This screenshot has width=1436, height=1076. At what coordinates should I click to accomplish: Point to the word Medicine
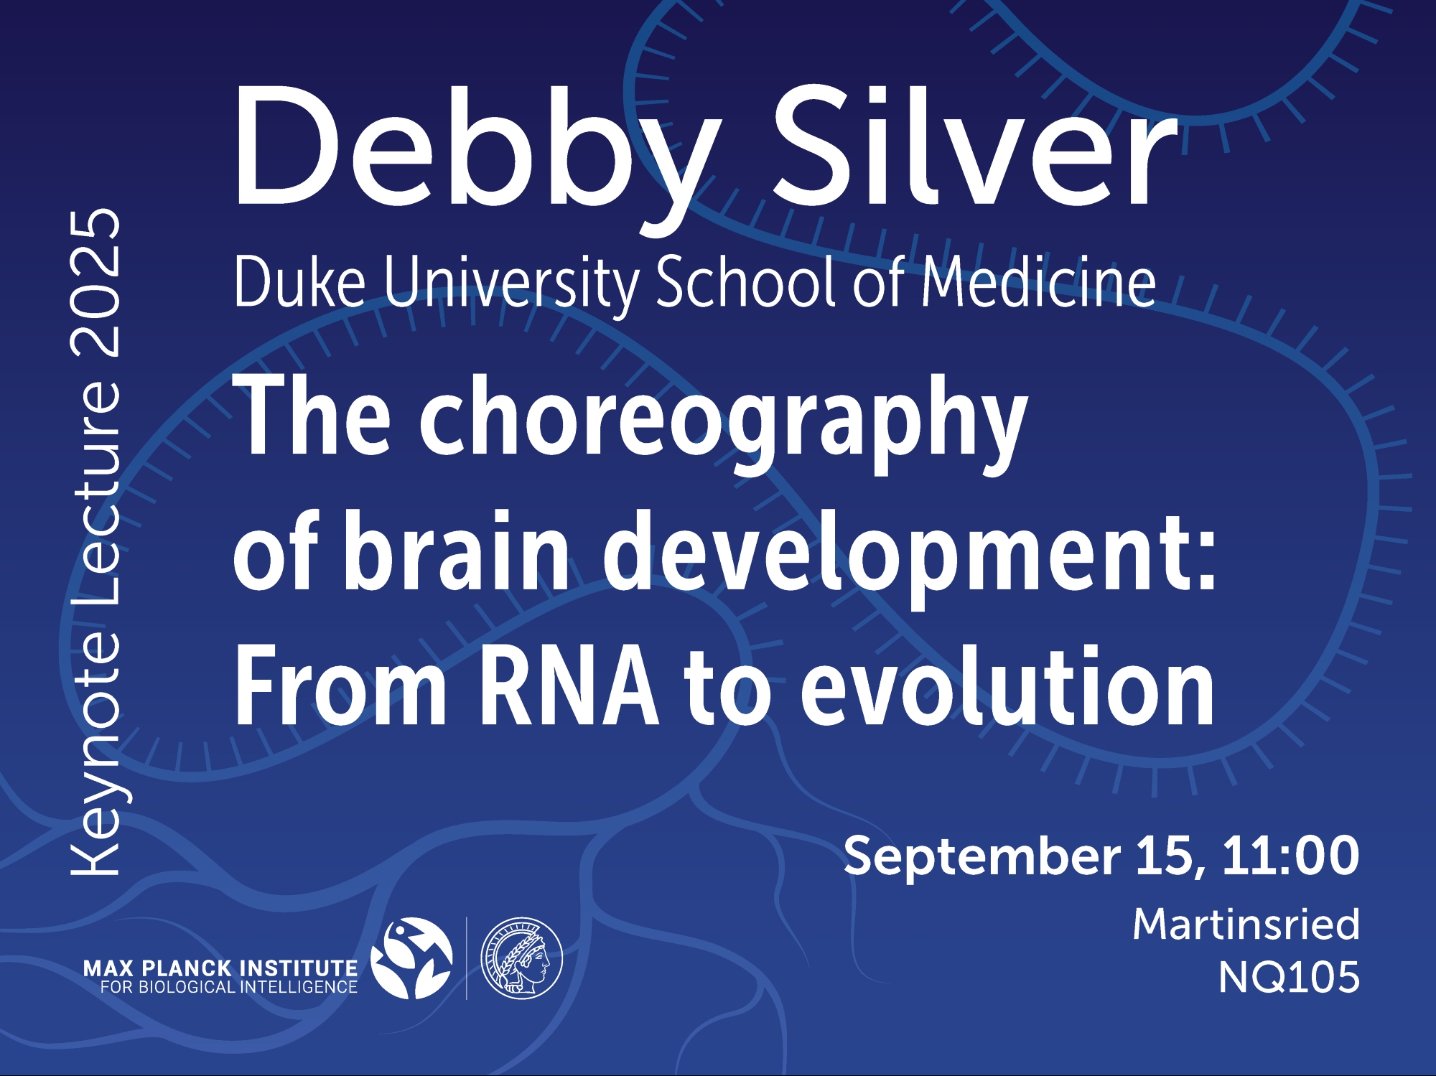[x=1039, y=281]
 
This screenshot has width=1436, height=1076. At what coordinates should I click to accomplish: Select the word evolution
[x=1007, y=686]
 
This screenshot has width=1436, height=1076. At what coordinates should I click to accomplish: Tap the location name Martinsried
[x=1246, y=924]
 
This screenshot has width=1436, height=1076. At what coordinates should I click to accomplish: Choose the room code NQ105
[x=1289, y=978]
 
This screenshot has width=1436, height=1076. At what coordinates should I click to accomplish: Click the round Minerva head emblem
[x=521, y=958]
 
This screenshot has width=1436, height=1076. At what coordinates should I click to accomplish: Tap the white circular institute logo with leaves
[x=411, y=958]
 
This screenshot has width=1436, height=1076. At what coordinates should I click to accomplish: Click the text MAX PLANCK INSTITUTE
[x=220, y=968]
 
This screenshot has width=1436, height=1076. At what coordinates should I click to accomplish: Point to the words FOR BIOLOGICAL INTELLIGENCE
[x=228, y=987]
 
